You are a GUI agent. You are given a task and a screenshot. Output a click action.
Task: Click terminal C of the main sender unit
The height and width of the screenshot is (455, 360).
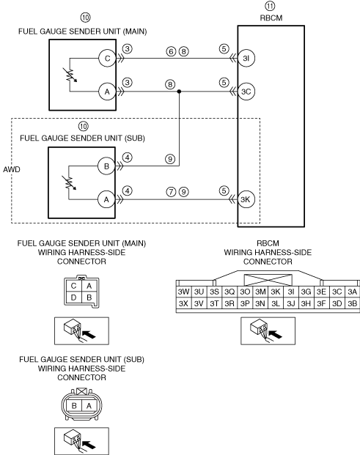coord(107,59)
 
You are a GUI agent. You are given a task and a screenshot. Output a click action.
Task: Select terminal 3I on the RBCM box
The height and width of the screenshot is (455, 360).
coord(246,59)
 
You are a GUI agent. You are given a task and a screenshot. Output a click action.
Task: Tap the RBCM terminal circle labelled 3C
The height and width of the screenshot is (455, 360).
coord(246,92)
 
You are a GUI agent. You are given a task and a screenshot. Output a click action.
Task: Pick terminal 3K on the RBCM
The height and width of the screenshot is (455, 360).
coord(246,199)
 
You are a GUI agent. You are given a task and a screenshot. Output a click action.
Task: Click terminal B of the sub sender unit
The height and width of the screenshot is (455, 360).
coord(106,166)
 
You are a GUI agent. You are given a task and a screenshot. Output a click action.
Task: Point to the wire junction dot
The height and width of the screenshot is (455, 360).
coord(179,92)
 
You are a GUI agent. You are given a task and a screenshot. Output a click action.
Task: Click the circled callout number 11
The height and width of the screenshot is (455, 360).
coord(270,6)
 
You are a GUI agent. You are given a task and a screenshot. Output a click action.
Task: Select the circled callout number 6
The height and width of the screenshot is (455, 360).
coord(171,51)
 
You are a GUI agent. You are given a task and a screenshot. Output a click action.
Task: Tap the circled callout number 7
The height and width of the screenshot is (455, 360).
coord(171,192)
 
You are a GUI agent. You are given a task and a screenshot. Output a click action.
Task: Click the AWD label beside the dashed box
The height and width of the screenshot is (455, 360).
coord(12,169)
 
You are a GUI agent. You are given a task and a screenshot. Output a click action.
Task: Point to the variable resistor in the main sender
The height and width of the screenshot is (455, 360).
coord(70,75)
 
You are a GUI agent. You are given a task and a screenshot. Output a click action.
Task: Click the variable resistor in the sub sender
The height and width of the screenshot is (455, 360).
coord(70,182)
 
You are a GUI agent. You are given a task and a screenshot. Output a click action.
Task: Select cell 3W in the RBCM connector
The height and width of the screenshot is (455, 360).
coord(183,292)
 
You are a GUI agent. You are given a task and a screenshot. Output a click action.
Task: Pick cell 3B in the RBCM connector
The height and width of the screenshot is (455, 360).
coord(352,304)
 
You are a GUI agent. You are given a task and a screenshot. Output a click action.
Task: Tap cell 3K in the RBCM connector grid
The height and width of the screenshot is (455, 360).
coord(276,292)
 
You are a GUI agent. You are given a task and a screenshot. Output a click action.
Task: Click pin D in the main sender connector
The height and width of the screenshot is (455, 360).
coord(73,297)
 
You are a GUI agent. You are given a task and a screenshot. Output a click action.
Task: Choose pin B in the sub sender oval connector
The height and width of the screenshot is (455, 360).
coord(74,405)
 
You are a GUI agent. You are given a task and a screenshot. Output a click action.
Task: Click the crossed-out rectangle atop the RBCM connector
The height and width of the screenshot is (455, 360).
coord(268,281)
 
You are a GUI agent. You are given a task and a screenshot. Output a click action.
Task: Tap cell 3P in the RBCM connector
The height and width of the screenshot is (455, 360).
coord(245,304)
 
